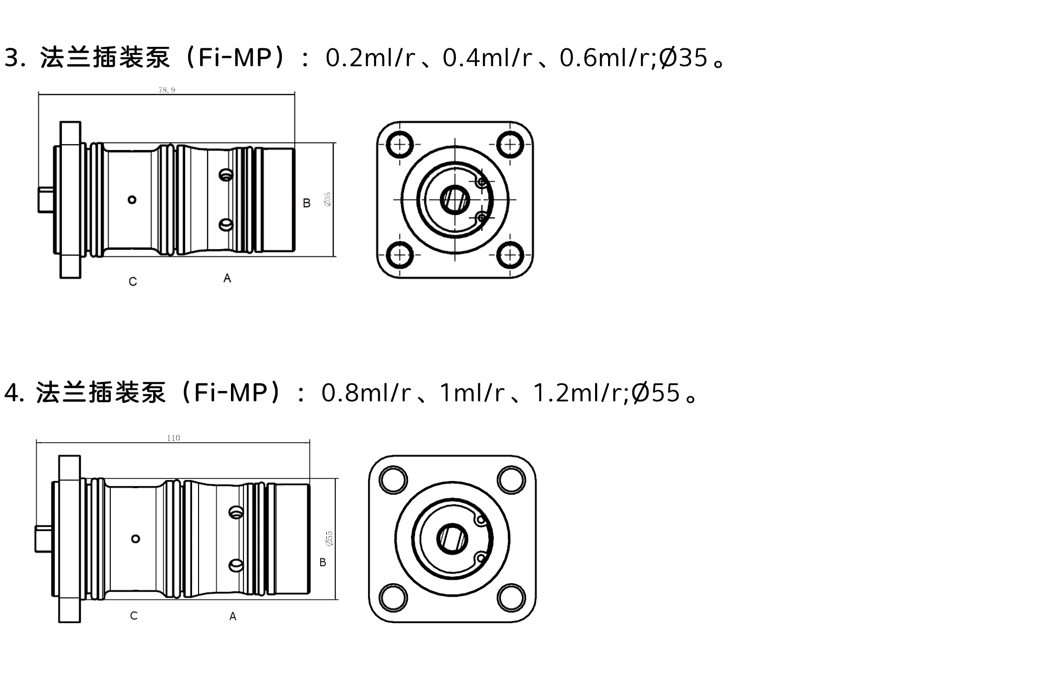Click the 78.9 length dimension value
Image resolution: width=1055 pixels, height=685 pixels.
click(167, 90)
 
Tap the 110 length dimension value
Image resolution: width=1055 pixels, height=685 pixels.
click(173, 438)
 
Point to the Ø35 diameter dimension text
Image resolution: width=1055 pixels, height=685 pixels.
click(327, 199)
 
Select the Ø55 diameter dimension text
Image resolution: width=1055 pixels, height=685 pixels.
click(328, 538)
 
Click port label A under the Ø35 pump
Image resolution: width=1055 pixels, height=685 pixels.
click(227, 278)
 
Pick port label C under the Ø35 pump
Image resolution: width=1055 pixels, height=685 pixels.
click(133, 282)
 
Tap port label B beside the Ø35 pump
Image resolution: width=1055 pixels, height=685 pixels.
click(307, 203)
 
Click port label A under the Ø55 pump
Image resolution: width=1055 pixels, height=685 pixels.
click(232, 617)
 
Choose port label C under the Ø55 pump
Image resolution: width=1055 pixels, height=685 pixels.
click(134, 616)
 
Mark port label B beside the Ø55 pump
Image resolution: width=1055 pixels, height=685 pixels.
click(323, 562)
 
